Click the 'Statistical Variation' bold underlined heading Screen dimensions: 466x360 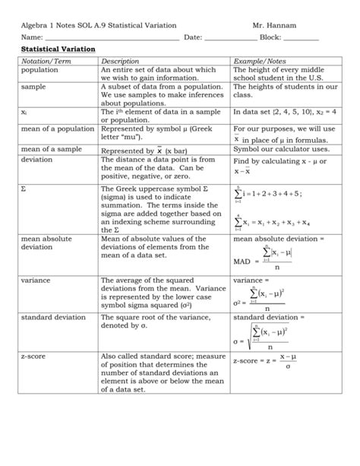[x=58, y=49]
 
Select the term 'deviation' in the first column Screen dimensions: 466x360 [x=37, y=160]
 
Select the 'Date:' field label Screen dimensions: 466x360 [x=193, y=36]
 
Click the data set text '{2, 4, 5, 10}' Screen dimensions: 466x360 [x=290, y=111]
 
